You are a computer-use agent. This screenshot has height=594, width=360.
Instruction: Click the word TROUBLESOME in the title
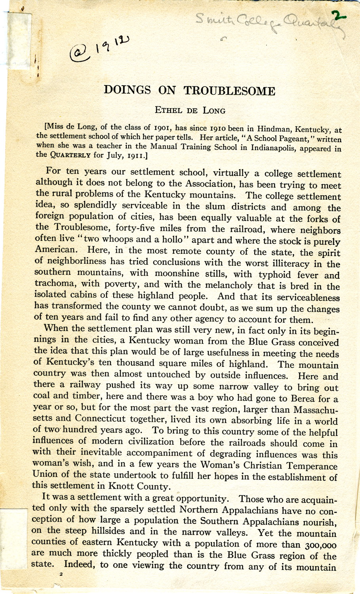(x=229, y=91)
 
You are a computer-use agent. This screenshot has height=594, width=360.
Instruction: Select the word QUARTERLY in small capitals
(x=67, y=155)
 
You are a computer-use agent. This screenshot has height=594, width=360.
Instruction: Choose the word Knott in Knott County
(x=124, y=486)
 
